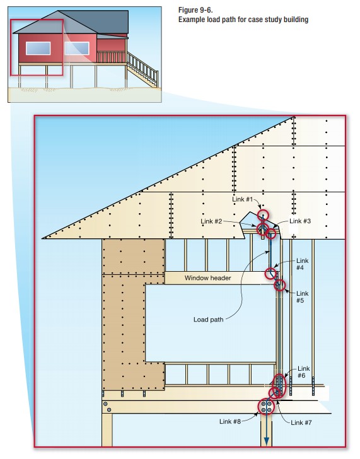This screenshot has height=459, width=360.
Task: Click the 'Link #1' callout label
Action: pos(242,199)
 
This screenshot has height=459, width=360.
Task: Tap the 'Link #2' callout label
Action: pos(211,221)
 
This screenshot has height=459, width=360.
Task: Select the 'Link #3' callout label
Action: pos(300,221)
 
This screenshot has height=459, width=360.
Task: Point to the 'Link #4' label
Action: pos(302,264)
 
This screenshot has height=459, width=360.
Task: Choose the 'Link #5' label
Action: pos(302,297)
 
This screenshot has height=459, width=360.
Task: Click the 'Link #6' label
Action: pos(303,372)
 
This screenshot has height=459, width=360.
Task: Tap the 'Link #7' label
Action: pos(301,422)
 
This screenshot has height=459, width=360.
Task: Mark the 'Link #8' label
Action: pos(230,421)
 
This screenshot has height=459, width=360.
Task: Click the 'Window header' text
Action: pos(208,278)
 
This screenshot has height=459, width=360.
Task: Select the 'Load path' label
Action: pos(209,320)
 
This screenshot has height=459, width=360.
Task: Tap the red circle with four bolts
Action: pos(266,407)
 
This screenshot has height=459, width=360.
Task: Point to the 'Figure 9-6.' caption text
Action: pos(195,10)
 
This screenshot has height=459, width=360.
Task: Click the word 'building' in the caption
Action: pos(296,20)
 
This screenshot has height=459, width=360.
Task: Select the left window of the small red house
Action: pos(38,49)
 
